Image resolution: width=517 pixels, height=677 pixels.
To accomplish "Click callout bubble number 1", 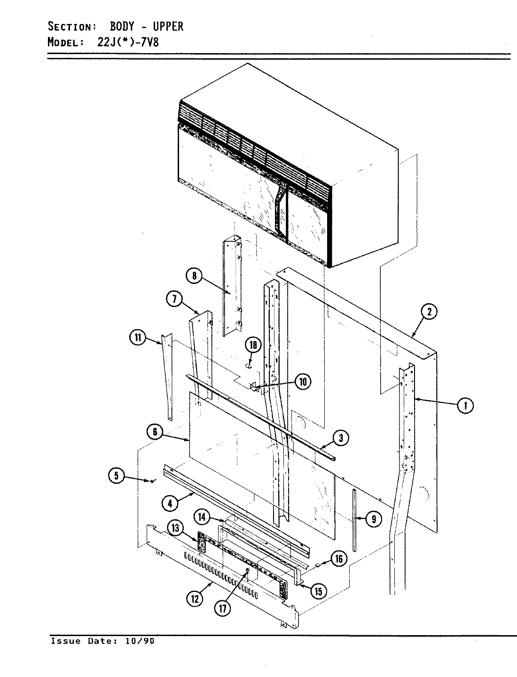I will (x=465, y=405).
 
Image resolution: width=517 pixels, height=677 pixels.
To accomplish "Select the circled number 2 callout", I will (x=429, y=311).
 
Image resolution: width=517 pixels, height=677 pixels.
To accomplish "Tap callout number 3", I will (x=341, y=438).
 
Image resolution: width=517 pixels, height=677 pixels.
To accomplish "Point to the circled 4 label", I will (x=170, y=503).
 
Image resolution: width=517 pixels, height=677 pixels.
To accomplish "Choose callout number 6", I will (x=155, y=432).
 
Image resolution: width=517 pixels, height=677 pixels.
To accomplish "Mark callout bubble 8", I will (x=194, y=276).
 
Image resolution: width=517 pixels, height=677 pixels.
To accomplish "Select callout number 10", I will (x=303, y=381).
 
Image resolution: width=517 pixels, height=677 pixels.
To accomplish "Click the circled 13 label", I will (x=175, y=528).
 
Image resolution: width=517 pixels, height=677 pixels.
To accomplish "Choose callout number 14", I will (x=202, y=517).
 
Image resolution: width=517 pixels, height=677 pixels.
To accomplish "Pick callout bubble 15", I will (x=318, y=590).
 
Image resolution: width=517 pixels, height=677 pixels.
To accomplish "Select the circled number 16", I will (x=339, y=559).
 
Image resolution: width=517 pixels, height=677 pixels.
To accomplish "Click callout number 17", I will (x=223, y=608).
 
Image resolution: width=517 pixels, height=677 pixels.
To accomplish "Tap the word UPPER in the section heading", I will (x=168, y=26).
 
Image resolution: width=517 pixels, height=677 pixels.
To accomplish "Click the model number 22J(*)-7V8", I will (x=126, y=42).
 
